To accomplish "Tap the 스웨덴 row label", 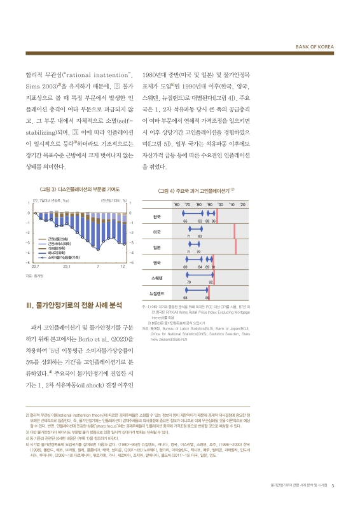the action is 157,277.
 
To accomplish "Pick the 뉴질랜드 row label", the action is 156,293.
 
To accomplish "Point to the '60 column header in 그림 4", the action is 177,204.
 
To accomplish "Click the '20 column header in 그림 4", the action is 242,204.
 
